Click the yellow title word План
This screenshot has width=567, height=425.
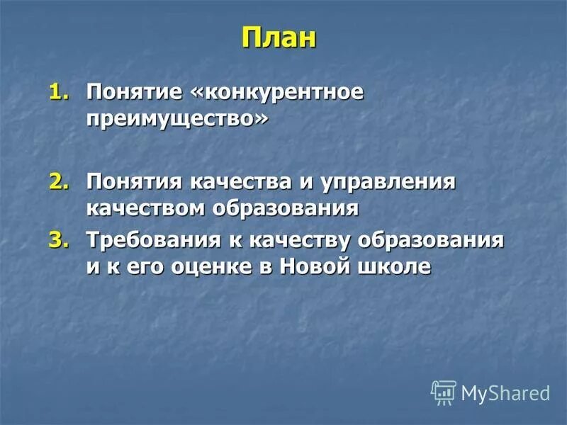[279, 37]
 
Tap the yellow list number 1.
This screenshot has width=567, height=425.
[60, 93]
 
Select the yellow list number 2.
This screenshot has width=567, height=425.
[60, 182]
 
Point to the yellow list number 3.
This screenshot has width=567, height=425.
[60, 240]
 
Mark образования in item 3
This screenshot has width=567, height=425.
[431, 240]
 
